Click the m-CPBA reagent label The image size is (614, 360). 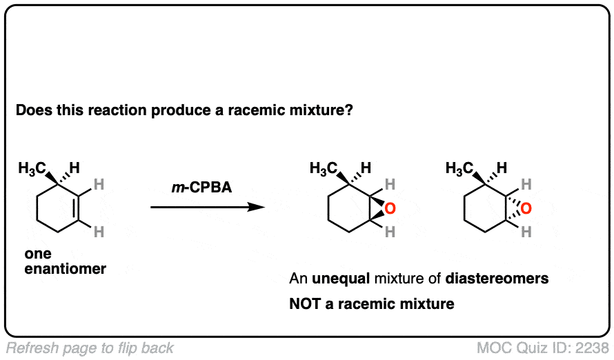201,188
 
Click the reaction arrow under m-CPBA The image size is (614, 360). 208,207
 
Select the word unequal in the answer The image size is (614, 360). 341,279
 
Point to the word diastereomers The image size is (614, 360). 497,279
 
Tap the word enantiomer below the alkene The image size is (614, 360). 65,269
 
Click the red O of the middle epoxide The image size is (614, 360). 390,208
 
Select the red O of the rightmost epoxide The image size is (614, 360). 526,208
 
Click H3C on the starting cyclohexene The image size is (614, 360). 32,169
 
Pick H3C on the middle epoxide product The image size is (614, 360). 324,169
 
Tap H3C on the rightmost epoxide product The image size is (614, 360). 459,169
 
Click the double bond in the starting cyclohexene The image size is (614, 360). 79,208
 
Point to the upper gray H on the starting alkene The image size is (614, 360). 99,184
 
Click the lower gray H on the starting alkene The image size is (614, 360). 99,232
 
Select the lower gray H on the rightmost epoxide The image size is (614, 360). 526,232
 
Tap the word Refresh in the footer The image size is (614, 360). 32,348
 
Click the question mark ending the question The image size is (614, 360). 348,110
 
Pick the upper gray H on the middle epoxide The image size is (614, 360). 390,184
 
